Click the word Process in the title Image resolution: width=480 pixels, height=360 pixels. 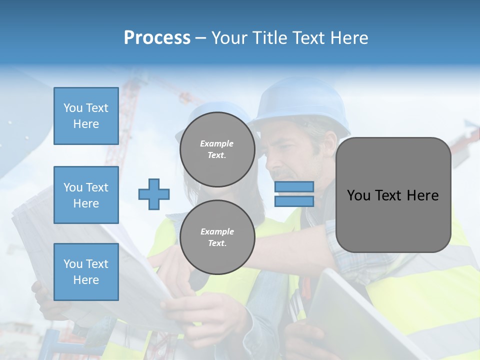pyautogui.click(x=157, y=37)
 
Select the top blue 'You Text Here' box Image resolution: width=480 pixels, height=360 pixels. pyautogui.click(x=86, y=116)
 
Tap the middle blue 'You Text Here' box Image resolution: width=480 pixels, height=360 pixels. pyautogui.click(x=86, y=195)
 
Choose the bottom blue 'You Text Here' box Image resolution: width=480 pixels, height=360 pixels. pyautogui.click(x=86, y=272)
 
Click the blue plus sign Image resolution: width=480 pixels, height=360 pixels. pyautogui.click(x=154, y=194)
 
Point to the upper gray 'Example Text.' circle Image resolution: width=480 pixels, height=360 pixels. pyautogui.click(x=217, y=149)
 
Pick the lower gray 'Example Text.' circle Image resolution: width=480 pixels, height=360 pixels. pyautogui.click(x=217, y=237)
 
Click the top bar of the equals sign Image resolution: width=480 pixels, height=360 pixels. pyautogui.click(x=294, y=187)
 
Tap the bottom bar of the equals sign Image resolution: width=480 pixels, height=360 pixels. pyautogui.click(x=294, y=201)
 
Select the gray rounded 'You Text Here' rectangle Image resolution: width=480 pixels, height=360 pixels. pyautogui.click(x=393, y=195)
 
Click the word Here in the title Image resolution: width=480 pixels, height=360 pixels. pyautogui.click(x=350, y=37)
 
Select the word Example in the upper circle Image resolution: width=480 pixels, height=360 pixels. pyautogui.click(x=216, y=143)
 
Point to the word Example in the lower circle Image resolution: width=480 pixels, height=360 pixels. pyautogui.click(x=217, y=231)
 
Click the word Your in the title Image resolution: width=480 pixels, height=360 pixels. pyautogui.click(x=230, y=37)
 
